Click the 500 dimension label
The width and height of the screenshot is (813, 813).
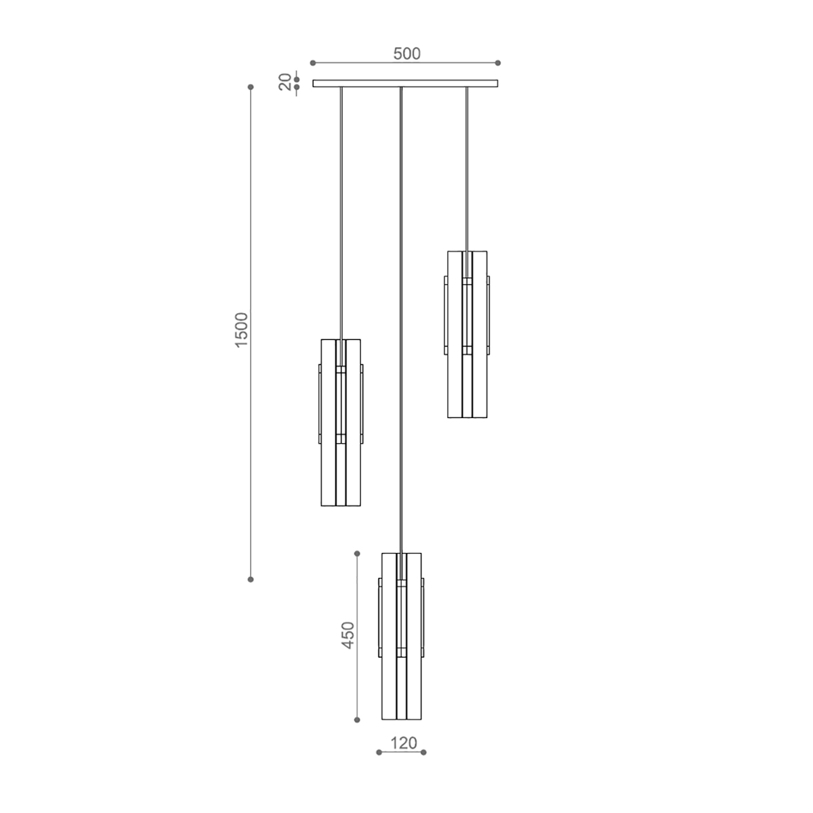tap(406, 54)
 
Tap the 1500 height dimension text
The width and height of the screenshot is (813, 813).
tap(241, 330)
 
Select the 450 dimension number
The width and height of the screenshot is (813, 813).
tap(348, 635)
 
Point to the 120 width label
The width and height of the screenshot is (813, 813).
tap(404, 743)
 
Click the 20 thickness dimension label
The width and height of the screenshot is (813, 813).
tap(285, 82)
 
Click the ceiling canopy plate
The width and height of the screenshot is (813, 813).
tap(405, 83)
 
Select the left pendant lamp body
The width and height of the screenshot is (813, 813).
tap(341, 422)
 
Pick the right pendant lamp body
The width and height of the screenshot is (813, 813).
tap(467, 334)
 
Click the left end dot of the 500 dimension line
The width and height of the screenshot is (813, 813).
tap(312, 63)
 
